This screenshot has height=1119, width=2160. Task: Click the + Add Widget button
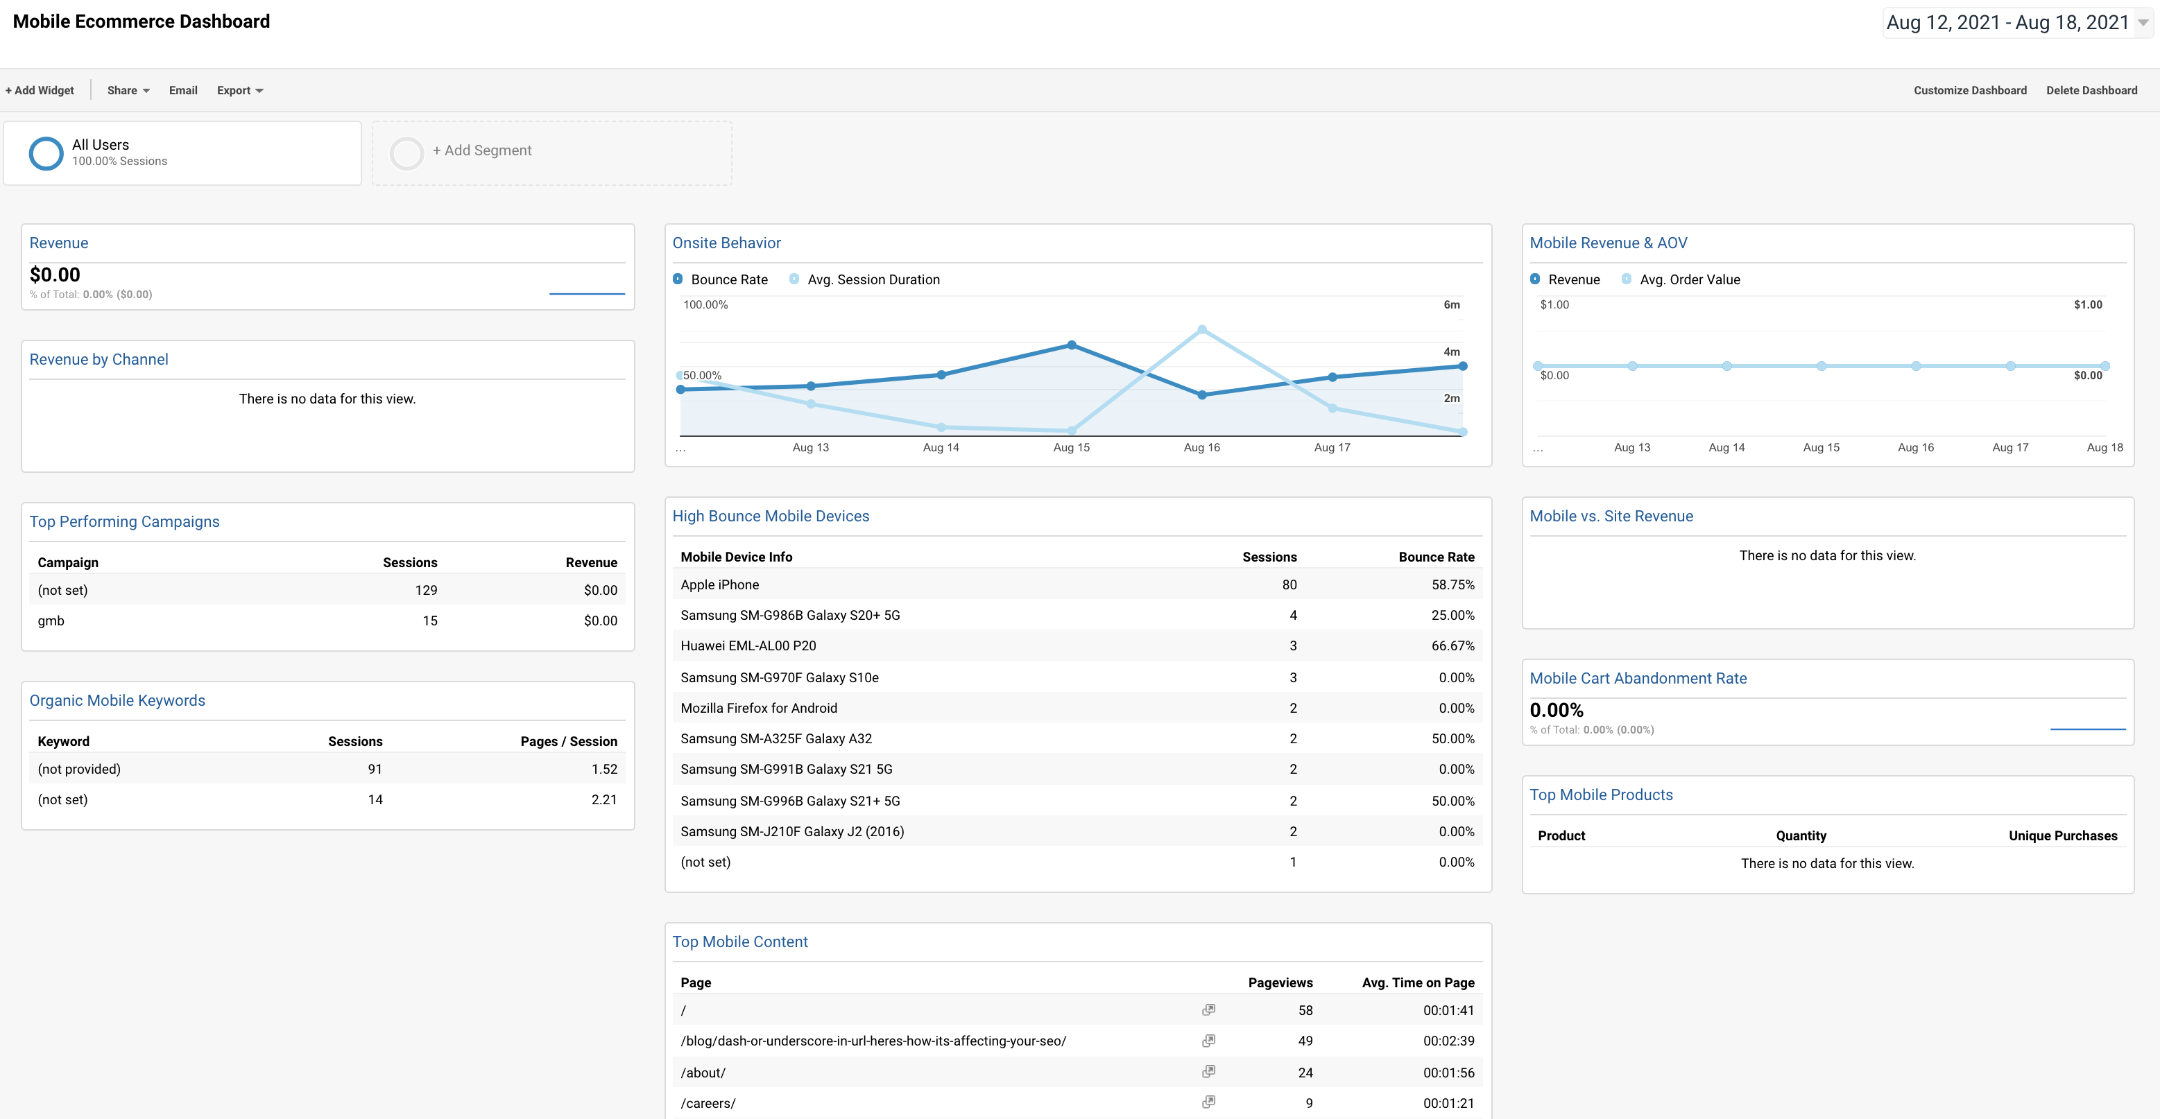click(40, 91)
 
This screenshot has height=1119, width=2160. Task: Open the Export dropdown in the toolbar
click(239, 91)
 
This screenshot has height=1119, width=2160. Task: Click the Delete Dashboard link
click(2091, 91)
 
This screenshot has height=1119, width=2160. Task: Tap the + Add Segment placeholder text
click(481, 151)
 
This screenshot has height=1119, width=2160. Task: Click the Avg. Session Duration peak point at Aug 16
click(1201, 329)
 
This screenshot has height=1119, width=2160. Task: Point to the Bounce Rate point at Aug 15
click(1072, 345)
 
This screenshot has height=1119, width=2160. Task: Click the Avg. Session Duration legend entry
click(872, 280)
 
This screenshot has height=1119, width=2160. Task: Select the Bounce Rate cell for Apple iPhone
click(1452, 585)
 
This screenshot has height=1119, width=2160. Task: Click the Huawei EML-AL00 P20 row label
click(748, 646)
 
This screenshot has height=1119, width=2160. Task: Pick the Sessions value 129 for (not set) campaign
click(426, 591)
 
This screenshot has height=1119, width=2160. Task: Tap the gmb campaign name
click(51, 621)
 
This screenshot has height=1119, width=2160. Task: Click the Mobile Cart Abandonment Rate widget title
click(1638, 679)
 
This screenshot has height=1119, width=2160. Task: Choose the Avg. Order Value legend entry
click(1689, 280)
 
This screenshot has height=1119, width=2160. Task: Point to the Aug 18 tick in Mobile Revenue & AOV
click(2104, 448)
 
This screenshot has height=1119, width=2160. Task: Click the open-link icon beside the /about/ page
click(1208, 1072)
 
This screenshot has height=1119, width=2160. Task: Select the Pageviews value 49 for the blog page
click(1305, 1041)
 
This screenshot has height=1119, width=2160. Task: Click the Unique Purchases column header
click(2062, 835)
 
